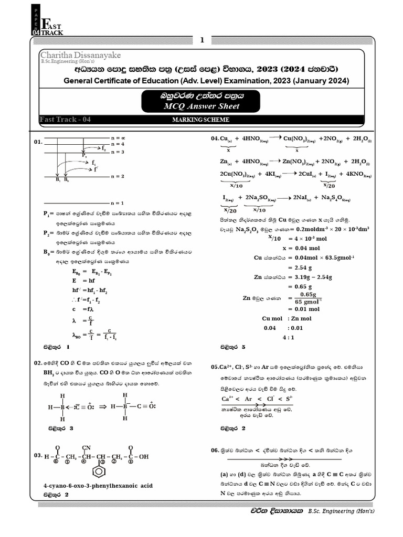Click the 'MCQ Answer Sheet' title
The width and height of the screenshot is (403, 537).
pyautogui.click(x=201, y=106)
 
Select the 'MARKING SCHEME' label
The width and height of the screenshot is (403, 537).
pyautogui.click(x=201, y=120)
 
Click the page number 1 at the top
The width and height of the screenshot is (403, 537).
pyautogui.click(x=201, y=40)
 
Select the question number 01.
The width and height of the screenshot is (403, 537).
pyautogui.click(x=38, y=142)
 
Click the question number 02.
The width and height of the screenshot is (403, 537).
pyautogui.click(x=38, y=362)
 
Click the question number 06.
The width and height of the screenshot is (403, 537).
pyautogui.click(x=215, y=450)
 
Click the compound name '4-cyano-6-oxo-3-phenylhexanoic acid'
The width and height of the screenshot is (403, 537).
pyautogui.click(x=98, y=486)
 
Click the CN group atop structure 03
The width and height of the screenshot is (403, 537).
pyautogui.click(x=87, y=447)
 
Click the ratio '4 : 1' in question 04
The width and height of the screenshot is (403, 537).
pyautogui.click(x=289, y=338)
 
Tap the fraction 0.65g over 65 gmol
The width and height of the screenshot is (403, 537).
pyautogui.click(x=305, y=298)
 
